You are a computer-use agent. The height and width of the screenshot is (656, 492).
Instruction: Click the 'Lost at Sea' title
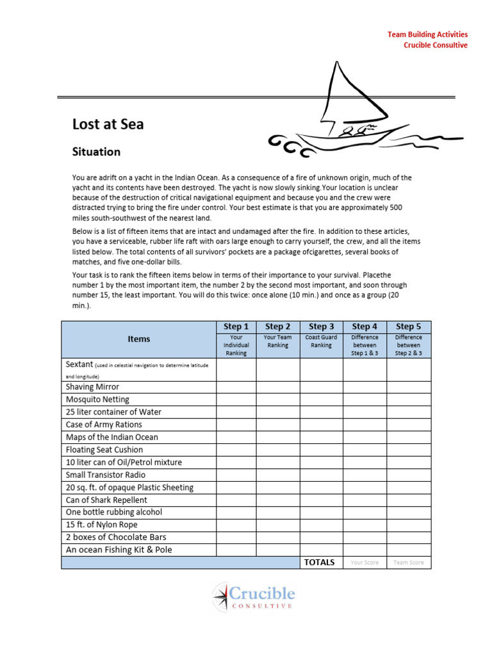(108, 124)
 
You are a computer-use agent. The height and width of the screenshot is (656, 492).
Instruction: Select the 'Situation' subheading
(96, 152)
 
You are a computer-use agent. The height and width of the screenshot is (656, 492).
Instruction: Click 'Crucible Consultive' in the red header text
(435, 45)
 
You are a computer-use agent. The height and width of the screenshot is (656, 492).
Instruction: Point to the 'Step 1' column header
(236, 327)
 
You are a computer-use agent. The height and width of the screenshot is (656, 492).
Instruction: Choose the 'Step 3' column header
(321, 327)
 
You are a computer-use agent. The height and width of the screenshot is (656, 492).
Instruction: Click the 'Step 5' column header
(408, 327)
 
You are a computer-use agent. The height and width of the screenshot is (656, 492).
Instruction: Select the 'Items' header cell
(138, 340)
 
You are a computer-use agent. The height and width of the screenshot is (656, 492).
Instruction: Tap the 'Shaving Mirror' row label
(92, 387)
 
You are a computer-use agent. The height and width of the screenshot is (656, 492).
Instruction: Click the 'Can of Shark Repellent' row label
(106, 500)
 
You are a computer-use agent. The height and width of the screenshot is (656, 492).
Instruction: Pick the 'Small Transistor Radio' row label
(106, 475)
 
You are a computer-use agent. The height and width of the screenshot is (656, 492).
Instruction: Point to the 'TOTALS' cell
(320, 562)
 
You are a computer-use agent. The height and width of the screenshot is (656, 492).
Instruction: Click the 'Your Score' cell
(365, 562)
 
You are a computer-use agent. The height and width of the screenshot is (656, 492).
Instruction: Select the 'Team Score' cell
(409, 562)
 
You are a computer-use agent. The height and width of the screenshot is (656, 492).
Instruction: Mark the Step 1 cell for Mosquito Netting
(236, 400)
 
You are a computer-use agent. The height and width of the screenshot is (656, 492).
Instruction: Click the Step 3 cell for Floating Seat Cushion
(321, 450)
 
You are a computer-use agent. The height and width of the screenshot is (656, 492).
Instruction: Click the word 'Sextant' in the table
(79, 365)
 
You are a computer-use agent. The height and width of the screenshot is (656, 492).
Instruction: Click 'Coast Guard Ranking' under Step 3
(321, 341)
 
